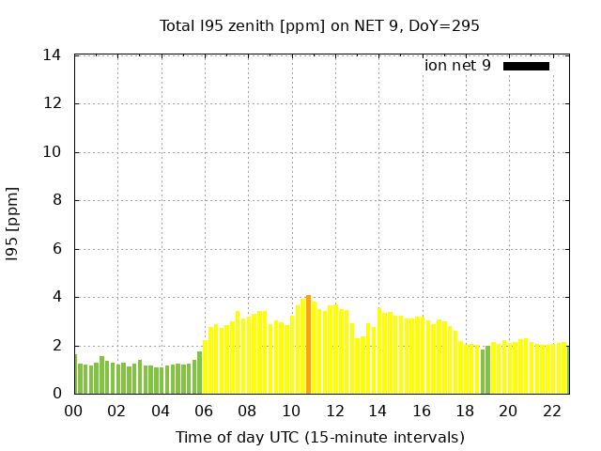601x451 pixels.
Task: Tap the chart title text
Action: click(x=319, y=25)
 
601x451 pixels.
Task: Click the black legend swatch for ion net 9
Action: click(x=526, y=66)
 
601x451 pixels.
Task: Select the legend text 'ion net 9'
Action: click(x=457, y=66)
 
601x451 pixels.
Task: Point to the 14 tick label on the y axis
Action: click(x=53, y=55)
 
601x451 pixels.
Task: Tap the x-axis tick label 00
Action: click(x=73, y=412)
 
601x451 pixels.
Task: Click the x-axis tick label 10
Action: click(x=291, y=412)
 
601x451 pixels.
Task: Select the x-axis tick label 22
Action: click(x=552, y=412)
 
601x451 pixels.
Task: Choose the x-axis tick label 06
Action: click(x=204, y=412)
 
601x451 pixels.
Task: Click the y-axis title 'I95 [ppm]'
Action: click(x=13, y=225)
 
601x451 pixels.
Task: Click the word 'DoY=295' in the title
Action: click(x=446, y=25)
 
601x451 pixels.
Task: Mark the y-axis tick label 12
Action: click(x=53, y=103)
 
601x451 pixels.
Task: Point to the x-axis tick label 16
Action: click(x=422, y=412)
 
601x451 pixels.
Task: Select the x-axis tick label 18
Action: click(x=465, y=412)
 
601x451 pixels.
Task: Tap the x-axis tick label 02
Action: click(x=116, y=412)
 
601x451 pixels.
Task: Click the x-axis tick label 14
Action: click(x=378, y=412)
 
